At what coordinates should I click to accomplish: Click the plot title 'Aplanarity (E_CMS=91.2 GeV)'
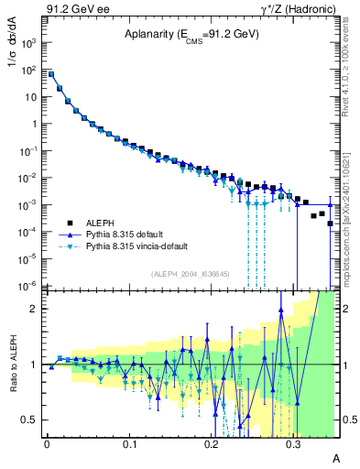pyautogui.click(x=191, y=35)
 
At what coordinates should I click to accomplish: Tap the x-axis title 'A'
pyautogui.click(x=336, y=457)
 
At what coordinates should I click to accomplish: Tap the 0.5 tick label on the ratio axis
pyautogui.click(x=31, y=420)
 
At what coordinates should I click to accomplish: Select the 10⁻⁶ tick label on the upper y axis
pyautogui.click(x=28, y=286)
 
